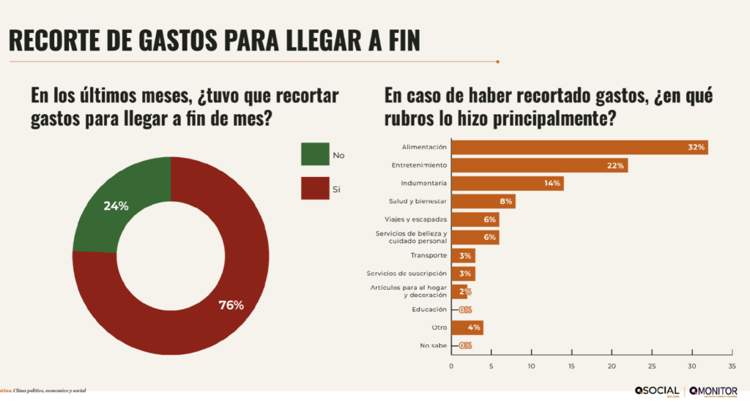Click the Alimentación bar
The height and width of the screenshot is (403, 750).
[x=579, y=147]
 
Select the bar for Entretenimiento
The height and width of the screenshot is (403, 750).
[x=539, y=165]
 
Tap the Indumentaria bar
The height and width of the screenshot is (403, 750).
[x=507, y=183]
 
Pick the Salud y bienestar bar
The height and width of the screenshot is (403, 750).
[x=483, y=201]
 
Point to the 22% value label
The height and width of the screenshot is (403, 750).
[x=615, y=165]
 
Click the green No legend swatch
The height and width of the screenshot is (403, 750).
[x=315, y=154]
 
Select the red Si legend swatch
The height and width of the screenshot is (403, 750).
[x=315, y=189]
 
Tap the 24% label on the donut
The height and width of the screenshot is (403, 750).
[x=116, y=206]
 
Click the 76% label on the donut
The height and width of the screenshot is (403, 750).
[x=231, y=304]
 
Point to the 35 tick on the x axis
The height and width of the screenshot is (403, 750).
[x=731, y=366]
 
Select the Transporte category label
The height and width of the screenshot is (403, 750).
[x=428, y=255]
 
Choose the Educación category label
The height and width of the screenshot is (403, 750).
[x=428, y=309]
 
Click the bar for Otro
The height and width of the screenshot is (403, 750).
[x=467, y=328]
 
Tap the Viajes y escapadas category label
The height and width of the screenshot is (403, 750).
[x=416, y=219]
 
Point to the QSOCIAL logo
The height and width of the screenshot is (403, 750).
[x=656, y=391]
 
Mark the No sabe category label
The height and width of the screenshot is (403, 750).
[x=431, y=345]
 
